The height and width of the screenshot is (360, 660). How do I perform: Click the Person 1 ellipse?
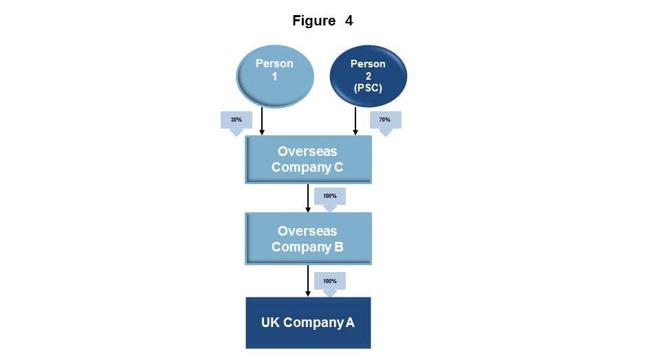tap(274, 75)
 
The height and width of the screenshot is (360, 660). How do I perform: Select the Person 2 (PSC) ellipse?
tap(368, 76)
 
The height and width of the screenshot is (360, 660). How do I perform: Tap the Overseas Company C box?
tap(308, 159)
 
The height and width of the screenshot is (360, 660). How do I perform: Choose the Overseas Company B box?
tap(308, 238)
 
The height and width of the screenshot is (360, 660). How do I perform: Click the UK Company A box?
tap(308, 322)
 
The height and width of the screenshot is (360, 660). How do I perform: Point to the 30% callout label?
tap(236, 120)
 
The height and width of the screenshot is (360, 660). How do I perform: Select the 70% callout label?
tap(385, 120)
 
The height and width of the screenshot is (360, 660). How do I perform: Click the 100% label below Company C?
tap(330, 196)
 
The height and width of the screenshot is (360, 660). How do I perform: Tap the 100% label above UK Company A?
tap(330, 281)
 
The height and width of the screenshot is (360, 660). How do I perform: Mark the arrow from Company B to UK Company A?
tap(308, 281)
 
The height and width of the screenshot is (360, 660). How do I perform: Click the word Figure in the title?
tap(313, 21)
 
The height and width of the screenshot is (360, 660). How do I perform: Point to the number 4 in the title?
tap(349, 21)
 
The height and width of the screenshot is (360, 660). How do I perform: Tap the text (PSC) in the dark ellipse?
tap(368, 88)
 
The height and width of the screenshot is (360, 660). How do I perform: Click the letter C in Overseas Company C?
tap(338, 167)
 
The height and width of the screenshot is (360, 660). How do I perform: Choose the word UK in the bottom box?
tap(270, 322)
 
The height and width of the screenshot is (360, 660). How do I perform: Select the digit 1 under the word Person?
tap(274, 76)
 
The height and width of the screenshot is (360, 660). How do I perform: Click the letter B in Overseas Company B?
tap(338, 247)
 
